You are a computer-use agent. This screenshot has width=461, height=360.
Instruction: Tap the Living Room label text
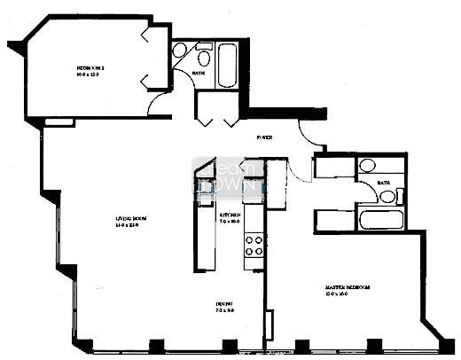click(129, 217)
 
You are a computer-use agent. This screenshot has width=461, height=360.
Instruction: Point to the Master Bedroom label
click(347, 288)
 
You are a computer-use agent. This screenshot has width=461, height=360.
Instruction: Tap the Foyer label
click(264, 138)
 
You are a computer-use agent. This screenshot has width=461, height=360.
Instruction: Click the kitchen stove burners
click(254, 244)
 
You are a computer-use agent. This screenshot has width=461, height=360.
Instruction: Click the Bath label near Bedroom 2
click(199, 74)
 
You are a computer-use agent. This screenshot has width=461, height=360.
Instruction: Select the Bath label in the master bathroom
click(383, 184)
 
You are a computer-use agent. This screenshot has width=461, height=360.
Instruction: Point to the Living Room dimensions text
click(129, 225)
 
